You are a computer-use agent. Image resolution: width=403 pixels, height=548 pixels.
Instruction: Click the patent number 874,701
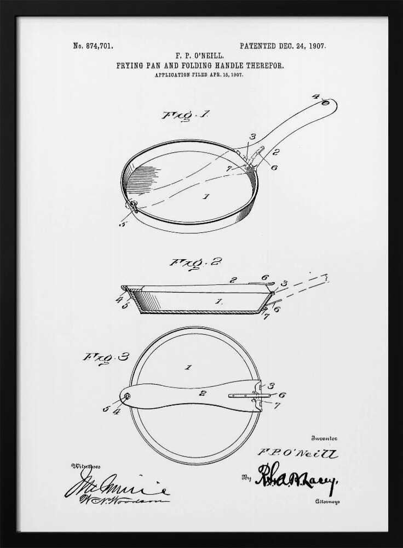tap(100, 46)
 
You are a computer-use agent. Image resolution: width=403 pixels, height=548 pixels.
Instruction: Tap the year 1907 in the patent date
tap(317, 46)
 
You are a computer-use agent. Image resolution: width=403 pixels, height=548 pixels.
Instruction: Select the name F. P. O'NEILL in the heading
tap(199, 56)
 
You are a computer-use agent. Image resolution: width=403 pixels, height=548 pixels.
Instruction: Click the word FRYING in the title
tap(129, 65)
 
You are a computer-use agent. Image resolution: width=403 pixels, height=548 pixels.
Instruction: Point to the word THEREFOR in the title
tap(264, 65)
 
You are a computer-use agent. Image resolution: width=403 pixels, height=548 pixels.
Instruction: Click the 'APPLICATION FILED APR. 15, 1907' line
tap(199, 75)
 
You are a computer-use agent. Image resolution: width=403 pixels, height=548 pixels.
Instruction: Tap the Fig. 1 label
tap(177, 115)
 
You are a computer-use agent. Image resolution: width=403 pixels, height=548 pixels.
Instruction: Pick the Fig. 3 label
tap(106, 357)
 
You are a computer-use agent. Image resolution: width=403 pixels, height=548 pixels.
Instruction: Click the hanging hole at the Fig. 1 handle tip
tap(325, 102)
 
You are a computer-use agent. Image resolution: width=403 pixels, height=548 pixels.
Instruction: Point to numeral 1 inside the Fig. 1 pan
tap(206, 196)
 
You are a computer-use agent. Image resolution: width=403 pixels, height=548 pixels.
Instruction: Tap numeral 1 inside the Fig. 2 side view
tap(218, 301)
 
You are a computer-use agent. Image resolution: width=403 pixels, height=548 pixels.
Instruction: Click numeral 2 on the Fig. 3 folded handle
tap(202, 392)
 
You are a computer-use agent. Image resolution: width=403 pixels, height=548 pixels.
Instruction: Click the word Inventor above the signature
tap(325, 438)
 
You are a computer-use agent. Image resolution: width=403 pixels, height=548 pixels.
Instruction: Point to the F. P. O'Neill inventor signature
tap(298, 453)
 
